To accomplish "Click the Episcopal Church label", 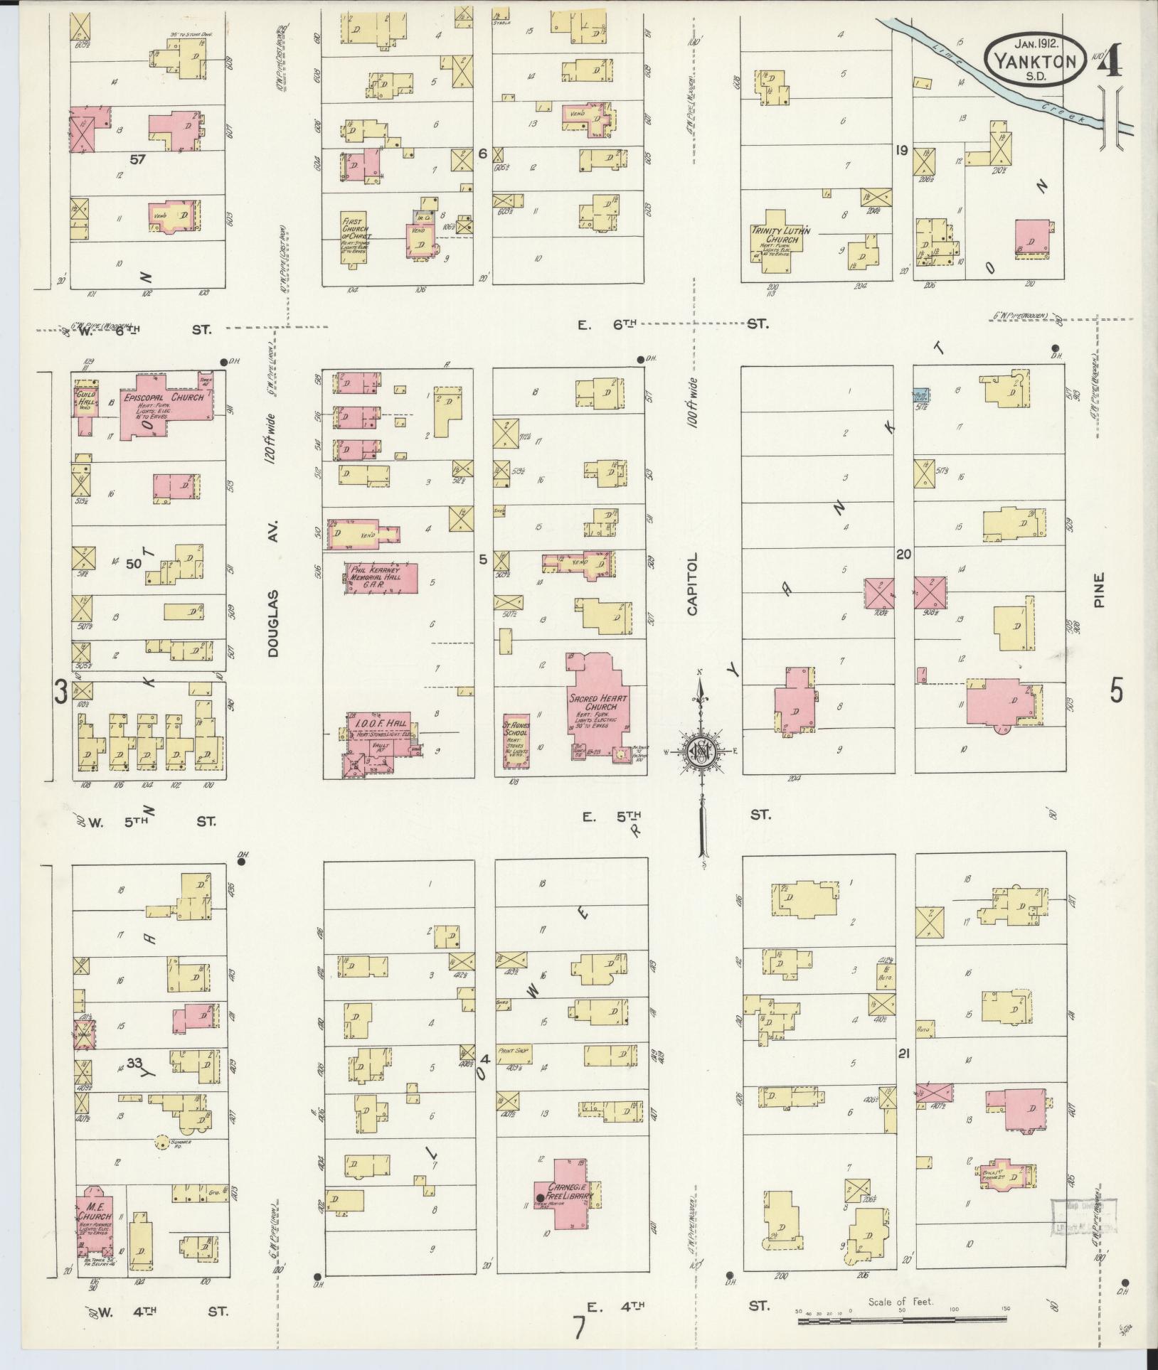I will [x=164, y=397].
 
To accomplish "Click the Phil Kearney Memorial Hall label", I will [x=380, y=575].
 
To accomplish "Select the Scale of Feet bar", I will [x=901, y=1321].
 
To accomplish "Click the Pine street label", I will [x=1101, y=590].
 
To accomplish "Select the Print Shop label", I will [x=515, y=1050].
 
